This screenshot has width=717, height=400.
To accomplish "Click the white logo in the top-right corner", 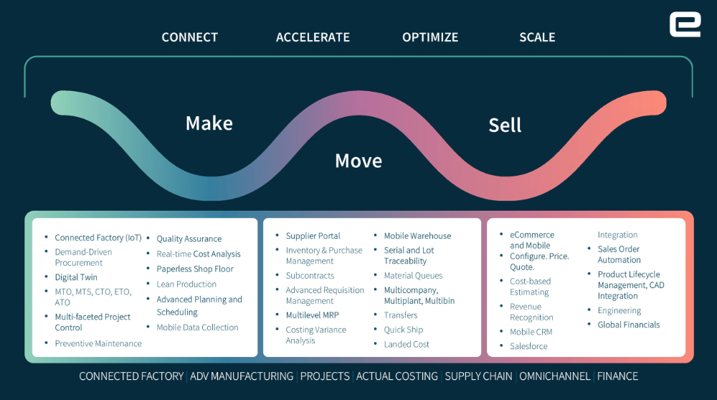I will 685,25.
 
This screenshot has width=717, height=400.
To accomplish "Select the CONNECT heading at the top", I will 189,37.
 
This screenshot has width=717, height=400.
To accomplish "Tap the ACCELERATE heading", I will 313,37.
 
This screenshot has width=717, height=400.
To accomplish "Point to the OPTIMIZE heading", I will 430,37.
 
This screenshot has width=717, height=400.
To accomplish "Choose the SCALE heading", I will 537,37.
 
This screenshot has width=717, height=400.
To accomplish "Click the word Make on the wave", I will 209,123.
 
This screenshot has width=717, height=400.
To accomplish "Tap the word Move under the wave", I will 358,161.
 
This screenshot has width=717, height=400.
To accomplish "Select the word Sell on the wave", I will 505,125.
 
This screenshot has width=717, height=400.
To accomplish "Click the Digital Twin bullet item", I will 76,277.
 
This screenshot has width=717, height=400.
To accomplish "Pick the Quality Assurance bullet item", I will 189,239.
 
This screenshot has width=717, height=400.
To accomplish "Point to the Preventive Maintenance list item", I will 98,343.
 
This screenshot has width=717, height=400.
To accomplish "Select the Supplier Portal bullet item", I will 313,236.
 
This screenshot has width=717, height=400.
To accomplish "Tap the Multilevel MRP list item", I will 312,315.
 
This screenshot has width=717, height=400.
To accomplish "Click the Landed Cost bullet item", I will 407,344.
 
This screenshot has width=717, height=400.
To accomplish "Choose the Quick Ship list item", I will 403,330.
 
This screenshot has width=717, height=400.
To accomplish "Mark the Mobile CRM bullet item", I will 531,332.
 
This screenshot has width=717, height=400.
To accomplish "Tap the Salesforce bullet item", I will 528,346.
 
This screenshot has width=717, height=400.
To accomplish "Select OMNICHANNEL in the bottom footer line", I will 554,376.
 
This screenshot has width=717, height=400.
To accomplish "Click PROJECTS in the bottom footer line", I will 325,376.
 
